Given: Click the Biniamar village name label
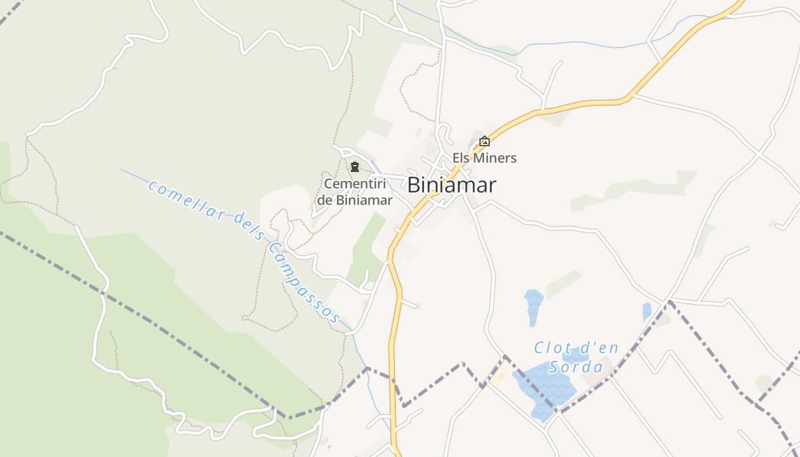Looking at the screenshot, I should (x=451, y=185).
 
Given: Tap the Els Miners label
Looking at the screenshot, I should (x=485, y=158).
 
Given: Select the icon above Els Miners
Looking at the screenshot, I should (x=485, y=141).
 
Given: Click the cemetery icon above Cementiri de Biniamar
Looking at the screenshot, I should (x=355, y=167).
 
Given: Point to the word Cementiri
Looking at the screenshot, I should (x=355, y=184).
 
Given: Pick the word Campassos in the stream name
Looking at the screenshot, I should (x=305, y=282).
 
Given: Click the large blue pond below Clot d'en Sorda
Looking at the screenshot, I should (x=543, y=388).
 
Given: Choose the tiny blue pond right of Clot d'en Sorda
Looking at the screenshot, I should (x=646, y=311).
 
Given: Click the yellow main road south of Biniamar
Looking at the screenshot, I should (x=393, y=354).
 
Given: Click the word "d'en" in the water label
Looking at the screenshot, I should (x=597, y=348).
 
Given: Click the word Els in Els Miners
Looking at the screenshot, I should (x=461, y=158).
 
